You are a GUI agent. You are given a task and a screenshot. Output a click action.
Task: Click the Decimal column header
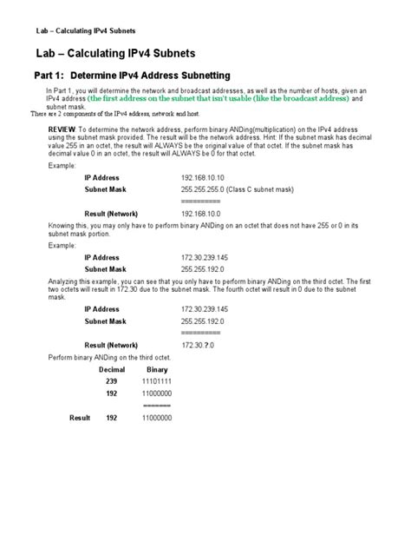coord(112,369)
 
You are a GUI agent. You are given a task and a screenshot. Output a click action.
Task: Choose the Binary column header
coord(157,369)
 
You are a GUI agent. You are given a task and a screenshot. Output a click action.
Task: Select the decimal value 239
coord(111,381)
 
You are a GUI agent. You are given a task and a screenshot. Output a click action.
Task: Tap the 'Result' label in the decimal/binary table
coord(80,418)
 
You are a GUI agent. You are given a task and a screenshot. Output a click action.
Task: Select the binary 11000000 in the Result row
coord(156,418)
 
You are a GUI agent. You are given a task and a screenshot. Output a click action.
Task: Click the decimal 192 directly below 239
coord(111,394)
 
